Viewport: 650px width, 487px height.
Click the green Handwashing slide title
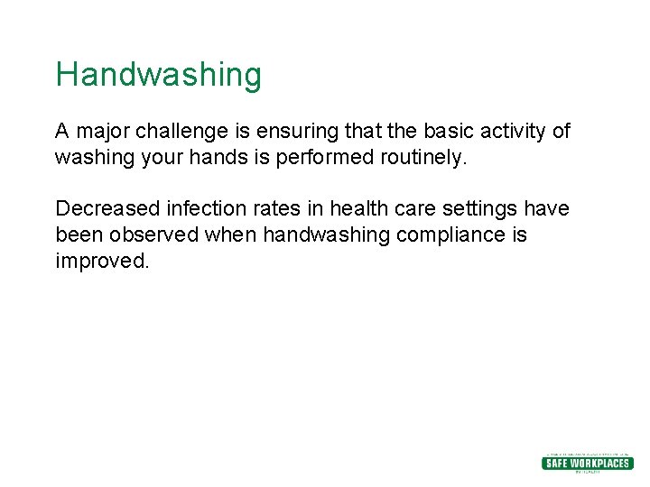point(158,75)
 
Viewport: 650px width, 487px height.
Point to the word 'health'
point(358,209)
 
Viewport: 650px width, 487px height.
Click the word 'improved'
point(99,262)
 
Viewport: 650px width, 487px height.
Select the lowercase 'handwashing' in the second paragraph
point(317,235)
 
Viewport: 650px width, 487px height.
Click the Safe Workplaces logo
point(587,463)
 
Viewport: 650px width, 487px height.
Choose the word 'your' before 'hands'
point(155,158)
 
